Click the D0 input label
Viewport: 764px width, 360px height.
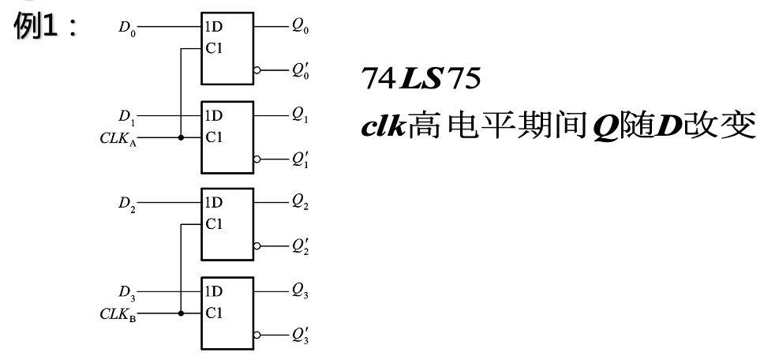tap(126, 27)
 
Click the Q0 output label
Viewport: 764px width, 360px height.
tap(300, 27)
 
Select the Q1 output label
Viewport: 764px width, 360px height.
tap(300, 116)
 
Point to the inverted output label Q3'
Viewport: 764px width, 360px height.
tap(300, 338)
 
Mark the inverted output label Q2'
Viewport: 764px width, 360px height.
tap(300, 249)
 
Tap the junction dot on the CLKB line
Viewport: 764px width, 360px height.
tap(181, 313)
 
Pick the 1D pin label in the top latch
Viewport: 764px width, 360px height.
tap(213, 27)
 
